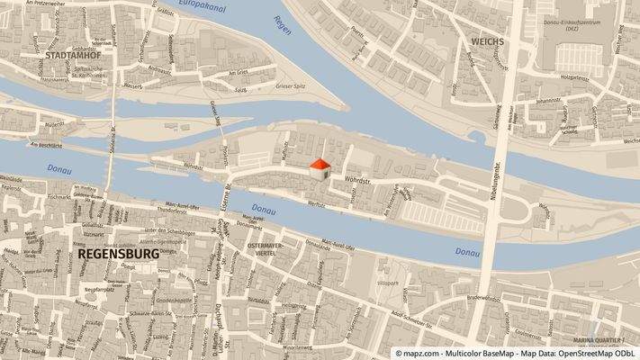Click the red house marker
pos(320,166)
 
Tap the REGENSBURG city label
pos(119,255)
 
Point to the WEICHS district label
pos(486,42)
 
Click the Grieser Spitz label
pos(291,87)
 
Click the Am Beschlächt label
pos(45,145)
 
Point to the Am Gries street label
pos(238,73)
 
